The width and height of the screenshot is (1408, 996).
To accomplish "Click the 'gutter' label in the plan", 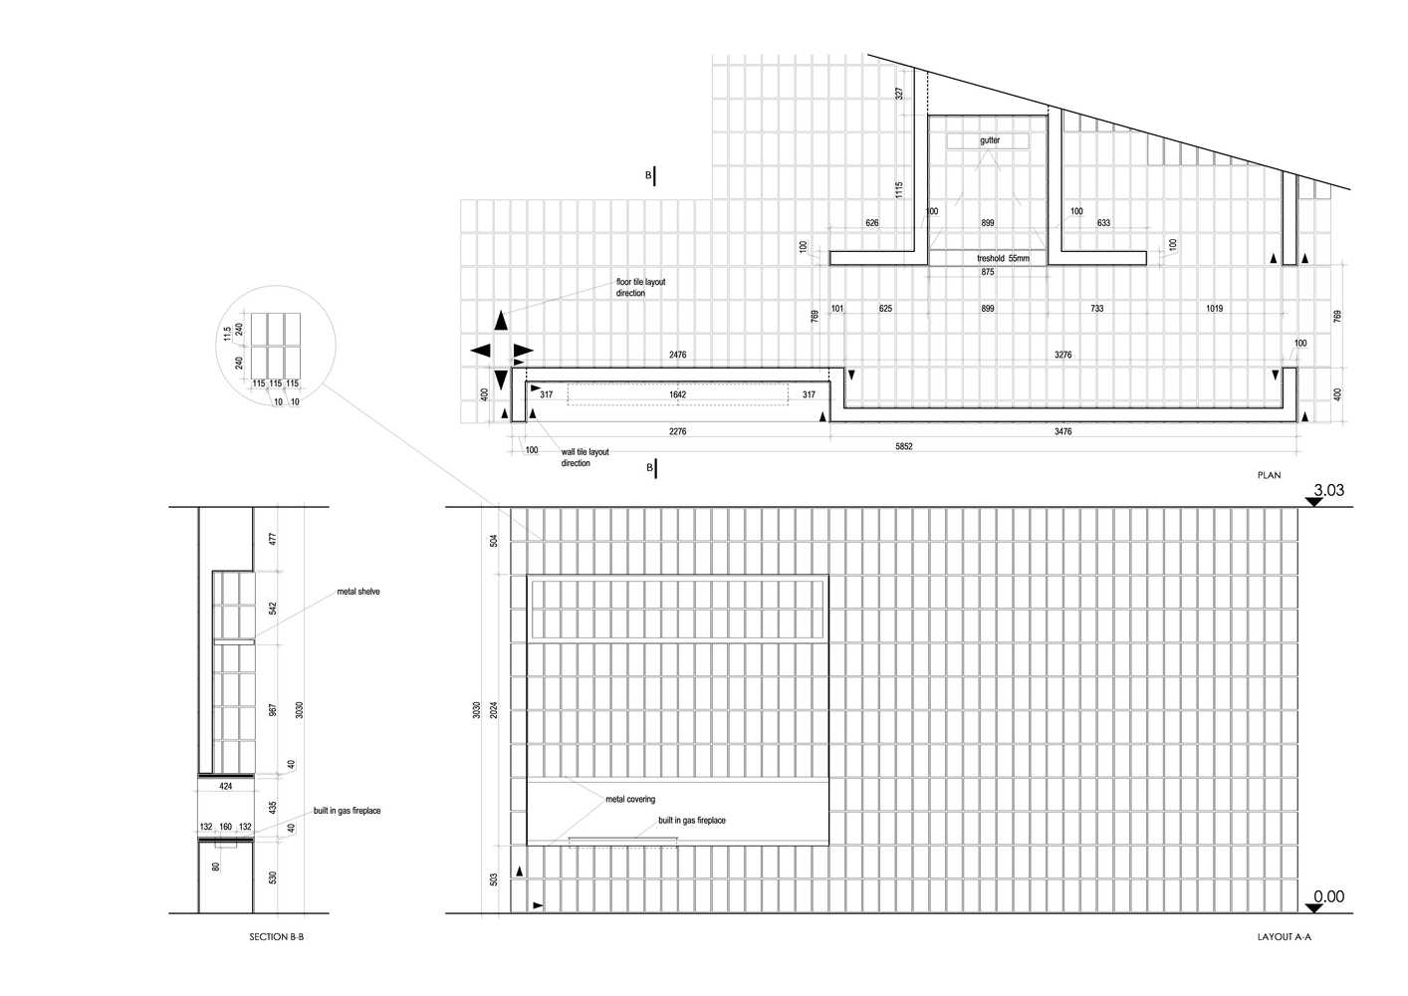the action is pos(990,140).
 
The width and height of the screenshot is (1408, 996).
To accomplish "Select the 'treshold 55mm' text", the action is pos(1003,258).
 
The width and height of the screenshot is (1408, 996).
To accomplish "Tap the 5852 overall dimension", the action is pos(904,446).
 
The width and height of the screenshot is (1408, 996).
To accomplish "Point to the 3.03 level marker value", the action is pos(1328,490).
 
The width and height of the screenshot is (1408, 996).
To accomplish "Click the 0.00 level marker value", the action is pos(1328,896).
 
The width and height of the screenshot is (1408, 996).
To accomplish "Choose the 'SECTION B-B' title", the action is pos(277,937).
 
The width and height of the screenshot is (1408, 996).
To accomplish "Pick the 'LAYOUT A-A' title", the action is pos(1285,937).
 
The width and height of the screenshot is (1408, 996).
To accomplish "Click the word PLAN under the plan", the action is pos(1269,475).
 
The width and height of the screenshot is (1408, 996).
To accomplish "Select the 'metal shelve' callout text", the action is pos(358,592).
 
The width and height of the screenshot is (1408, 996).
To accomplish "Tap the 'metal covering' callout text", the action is pos(630,799).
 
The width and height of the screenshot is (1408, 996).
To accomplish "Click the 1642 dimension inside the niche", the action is pos(677,394).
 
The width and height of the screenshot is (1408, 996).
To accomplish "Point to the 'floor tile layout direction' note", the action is pos(640,288).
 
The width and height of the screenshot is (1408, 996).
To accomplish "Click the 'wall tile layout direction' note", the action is pos(585,457).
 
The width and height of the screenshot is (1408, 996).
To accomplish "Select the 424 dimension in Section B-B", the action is pos(226,786).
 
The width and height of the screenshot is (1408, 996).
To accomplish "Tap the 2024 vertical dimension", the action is pos(494,710).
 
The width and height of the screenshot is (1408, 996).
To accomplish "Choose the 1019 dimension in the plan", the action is pos(1215,309).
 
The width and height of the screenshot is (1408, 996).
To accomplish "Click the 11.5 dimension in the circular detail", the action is pos(227,334).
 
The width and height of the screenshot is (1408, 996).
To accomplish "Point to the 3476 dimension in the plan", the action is pos(1062,431).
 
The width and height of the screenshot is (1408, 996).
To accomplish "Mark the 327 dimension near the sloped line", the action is pos(899,93).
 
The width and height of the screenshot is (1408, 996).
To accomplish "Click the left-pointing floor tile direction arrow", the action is pos(480,351).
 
